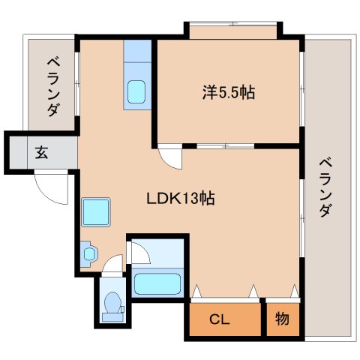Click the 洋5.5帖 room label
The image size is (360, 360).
229,92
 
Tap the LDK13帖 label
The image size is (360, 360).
180,199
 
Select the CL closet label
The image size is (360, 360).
219,319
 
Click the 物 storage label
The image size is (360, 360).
282,319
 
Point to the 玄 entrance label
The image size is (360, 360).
41,152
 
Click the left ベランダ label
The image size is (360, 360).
53,87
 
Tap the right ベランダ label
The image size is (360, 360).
325,187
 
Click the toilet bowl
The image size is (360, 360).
112,302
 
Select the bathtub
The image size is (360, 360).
157,283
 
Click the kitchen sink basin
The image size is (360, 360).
136,91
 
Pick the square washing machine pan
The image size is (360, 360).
96,212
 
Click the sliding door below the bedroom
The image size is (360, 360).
225,146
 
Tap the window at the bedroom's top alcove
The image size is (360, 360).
233,24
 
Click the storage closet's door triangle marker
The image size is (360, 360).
295,291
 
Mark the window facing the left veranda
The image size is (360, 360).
77,84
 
